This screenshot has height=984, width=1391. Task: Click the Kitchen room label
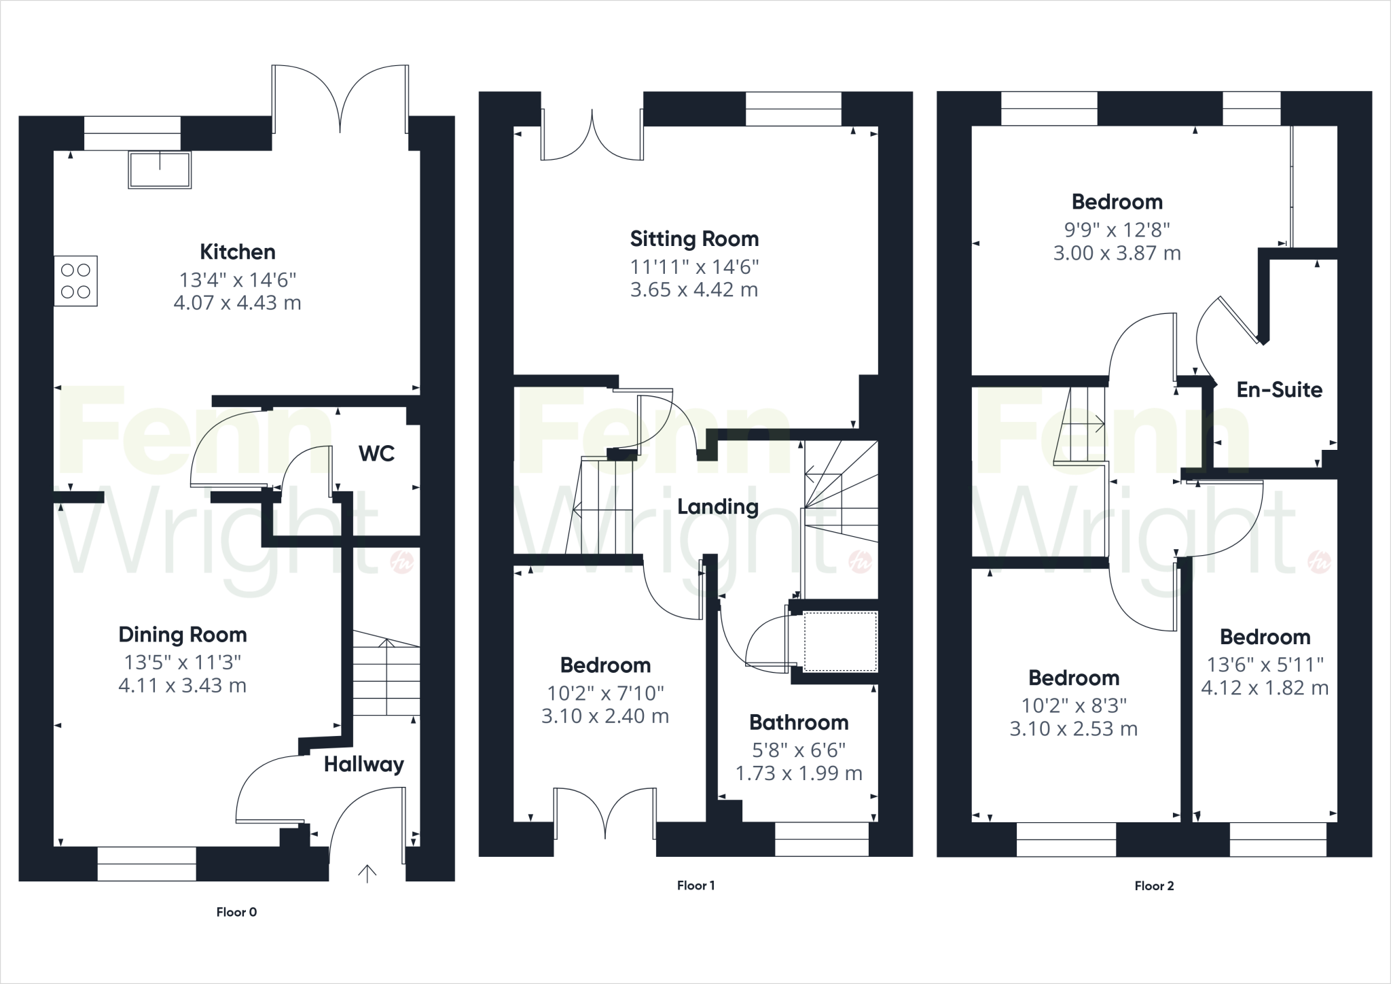click(x=237, y=252)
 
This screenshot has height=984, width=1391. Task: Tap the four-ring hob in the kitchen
click(x=75, y=281)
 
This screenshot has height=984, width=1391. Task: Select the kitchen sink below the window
click(x=160, y=169)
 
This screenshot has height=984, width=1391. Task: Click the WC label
click(x=376, y=453)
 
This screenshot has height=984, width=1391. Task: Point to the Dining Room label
click(x=182, y=635)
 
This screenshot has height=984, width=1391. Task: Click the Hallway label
click(x=363, y=765)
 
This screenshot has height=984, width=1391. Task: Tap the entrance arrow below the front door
click(x=367, y=873)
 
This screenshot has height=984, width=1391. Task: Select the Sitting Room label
click(x=694, y=239)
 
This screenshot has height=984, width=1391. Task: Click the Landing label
click(x=717, y=507)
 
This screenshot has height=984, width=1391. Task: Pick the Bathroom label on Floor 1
click(x=798, y=722)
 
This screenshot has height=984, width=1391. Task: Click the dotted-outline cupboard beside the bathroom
click(x=840, y=642)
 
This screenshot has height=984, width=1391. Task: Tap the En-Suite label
click(x=1279, y=390)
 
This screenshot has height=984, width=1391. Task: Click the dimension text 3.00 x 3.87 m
click(x=1117, y=253)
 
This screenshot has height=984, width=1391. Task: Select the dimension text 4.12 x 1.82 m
click(x=1264, y=688)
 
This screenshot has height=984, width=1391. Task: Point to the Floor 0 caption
click(x=236, y=912)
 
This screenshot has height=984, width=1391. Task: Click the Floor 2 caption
click(x=1153, y=885)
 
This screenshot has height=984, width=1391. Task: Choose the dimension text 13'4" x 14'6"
click(x=237, y=280)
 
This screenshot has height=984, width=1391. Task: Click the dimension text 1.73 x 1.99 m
click(x=798, y=773)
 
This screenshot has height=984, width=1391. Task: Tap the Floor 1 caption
click(x=695, y=885)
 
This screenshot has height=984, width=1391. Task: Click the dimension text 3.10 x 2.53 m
click(x=1073, y=729)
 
